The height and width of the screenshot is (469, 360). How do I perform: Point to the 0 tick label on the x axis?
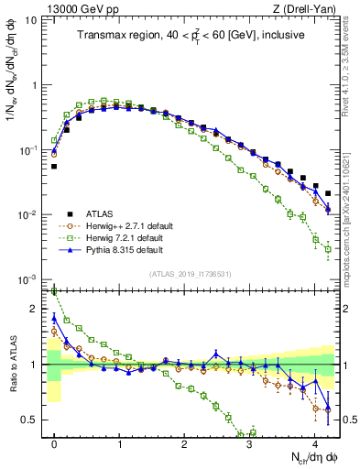coord(54,441)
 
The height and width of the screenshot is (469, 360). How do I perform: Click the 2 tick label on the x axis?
coord(184,441)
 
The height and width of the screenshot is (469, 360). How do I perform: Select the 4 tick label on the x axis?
coord(314,441)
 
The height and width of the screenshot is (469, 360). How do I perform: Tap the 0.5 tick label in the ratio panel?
coord(33,420)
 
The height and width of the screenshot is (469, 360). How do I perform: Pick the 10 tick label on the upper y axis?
coord(33,20)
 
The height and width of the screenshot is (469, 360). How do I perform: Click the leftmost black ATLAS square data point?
coord(54,167)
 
